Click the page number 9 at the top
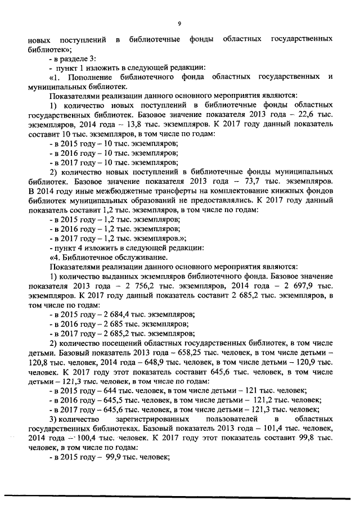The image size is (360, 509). coord(179,24)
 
